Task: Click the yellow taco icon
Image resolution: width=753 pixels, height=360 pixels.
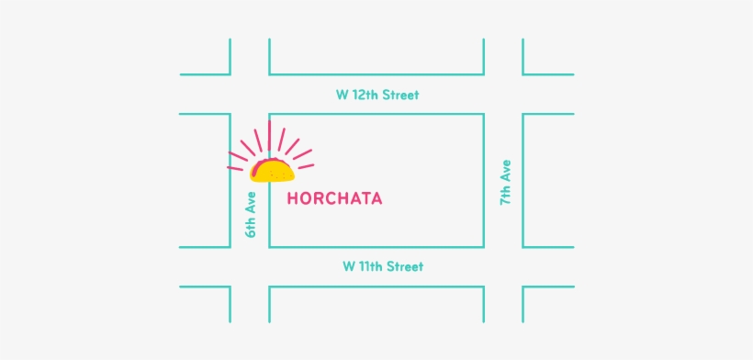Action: pos(272,171)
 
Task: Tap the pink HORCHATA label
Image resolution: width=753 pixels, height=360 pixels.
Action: pos(334,197)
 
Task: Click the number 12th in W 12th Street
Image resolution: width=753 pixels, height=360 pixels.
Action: pos(363,95)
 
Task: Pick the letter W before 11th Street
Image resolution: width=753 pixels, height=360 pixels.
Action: pos(349,266)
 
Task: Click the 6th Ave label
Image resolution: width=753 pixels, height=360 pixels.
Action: pos(250,214)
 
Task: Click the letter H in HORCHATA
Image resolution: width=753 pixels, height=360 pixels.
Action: pos(293,197)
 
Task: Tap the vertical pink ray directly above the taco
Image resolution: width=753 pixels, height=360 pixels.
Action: pos(270,138)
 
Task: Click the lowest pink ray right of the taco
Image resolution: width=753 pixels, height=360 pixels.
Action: pos(305,165)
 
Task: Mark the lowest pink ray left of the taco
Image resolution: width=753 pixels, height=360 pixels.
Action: pos(237,167)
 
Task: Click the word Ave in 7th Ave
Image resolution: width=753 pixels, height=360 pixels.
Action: pos(505,172)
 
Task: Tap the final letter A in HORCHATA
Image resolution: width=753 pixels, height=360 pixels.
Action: pos(376,197)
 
